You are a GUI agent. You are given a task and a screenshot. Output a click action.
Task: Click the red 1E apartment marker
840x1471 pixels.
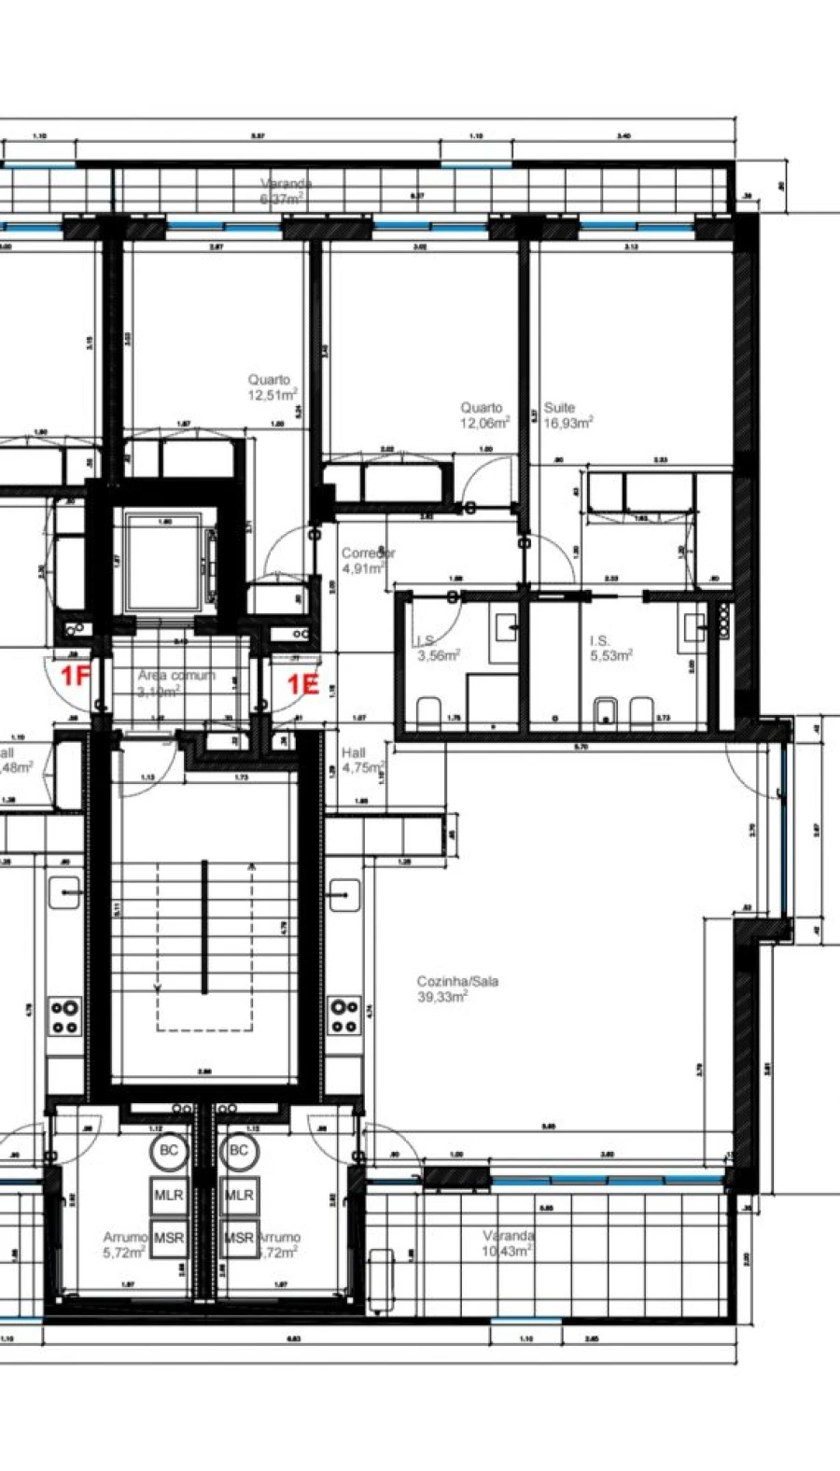(302, 685)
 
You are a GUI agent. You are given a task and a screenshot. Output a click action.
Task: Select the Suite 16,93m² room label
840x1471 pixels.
(568, 415)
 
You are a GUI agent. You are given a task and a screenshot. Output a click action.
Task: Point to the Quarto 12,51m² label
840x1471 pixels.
(272, 387)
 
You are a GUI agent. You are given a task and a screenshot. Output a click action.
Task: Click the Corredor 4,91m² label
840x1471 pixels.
(367, 560)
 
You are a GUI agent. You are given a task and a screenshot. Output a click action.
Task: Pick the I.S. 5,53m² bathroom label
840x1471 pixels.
(610, 648)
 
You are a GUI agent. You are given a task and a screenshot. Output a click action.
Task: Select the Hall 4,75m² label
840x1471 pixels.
(362, 760)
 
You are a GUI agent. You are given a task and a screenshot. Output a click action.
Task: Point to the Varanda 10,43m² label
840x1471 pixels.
(508, 1243)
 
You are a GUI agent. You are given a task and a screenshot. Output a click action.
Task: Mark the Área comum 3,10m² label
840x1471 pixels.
(175, 682)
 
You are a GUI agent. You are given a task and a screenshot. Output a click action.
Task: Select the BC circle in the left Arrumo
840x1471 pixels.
(169, 1150)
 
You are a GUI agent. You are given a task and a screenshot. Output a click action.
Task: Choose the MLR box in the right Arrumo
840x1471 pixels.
(239, 1195)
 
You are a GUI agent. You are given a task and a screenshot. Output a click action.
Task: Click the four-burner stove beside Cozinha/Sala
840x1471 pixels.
(345, 1016)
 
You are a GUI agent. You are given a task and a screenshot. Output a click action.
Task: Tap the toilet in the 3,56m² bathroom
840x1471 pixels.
(428, 712)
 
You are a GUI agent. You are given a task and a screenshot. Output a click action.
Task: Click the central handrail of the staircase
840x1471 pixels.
(203, 929)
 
